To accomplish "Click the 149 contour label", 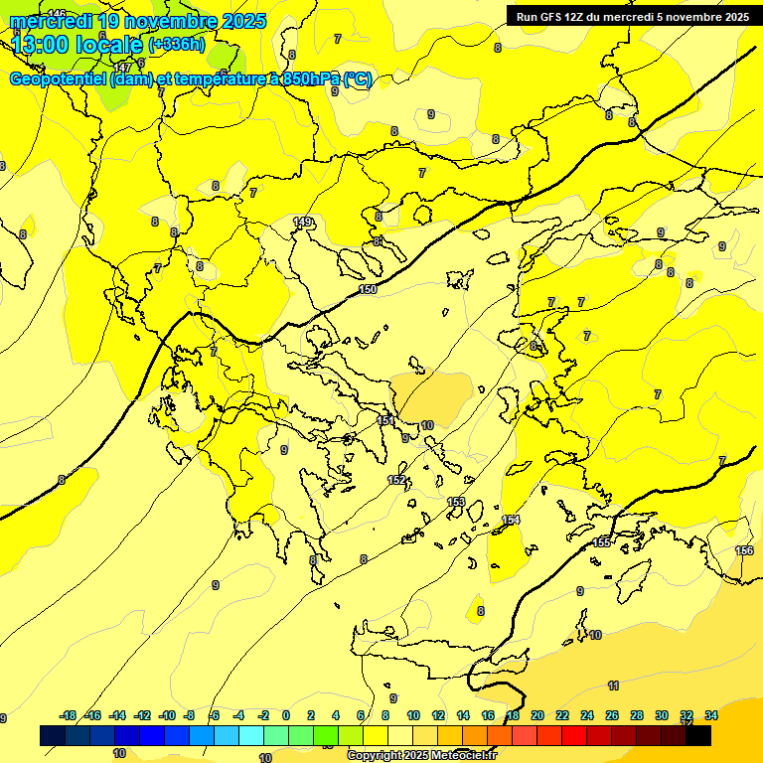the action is [x=303, y=222].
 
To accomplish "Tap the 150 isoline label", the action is [x=368, y=289].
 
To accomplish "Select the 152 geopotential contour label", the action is [x=396, y=480].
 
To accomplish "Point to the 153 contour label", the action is [x=456, y=502].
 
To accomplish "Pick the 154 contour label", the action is [x=511, y=520].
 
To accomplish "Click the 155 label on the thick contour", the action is [x=602, y=542].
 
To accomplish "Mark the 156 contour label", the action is [x=744, y=550].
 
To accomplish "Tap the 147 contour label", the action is [x=122, y=68].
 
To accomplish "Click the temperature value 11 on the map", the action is [x=613, y=686].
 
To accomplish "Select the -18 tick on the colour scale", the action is [x=69, y=715].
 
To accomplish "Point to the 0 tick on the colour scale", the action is [x=286, y=715].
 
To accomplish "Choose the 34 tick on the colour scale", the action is [x=711, y=715].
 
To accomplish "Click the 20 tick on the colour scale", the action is [x=537, y=715].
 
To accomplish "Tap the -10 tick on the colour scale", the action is [x=167, y=715].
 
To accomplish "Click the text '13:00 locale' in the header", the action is [x=77, y=44].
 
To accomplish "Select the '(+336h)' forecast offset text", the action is [x=176, y=45].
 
